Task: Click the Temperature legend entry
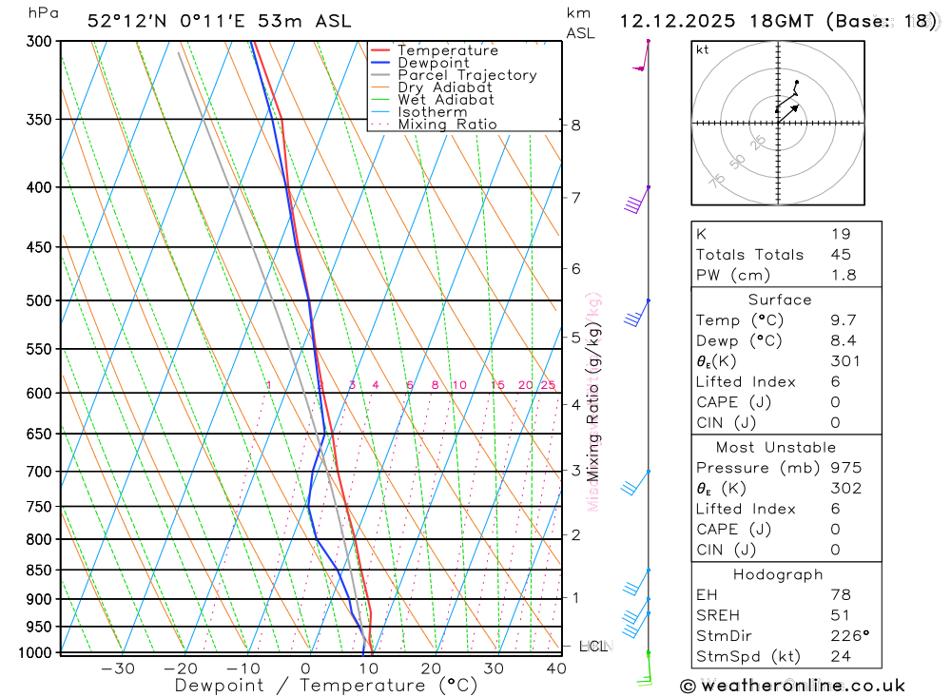click(447, 50)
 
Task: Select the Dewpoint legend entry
click(433, 63)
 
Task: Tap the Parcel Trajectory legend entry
click(467, 75)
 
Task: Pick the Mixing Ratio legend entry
click(447, 125)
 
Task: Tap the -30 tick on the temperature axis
click(117, 668)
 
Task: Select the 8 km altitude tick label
click(576, 125)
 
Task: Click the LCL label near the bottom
click(592, 647)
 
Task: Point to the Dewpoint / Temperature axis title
click(325, 686)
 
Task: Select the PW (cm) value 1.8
click(843, 275)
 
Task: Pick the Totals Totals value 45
click(841, 254)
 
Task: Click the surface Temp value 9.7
click(843, 320)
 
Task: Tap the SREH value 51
click(841, 615)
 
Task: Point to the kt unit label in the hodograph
click(703, 49)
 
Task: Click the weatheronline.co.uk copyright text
click(793, 686)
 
